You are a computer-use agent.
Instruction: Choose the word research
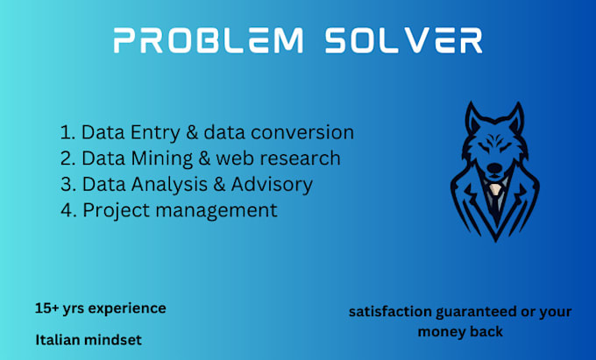tap(299, 159)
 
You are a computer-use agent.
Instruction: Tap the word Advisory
tap(274, 184)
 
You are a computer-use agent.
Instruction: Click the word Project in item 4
tap(116, 210)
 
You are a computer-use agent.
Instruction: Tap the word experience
tap(127, 309)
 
